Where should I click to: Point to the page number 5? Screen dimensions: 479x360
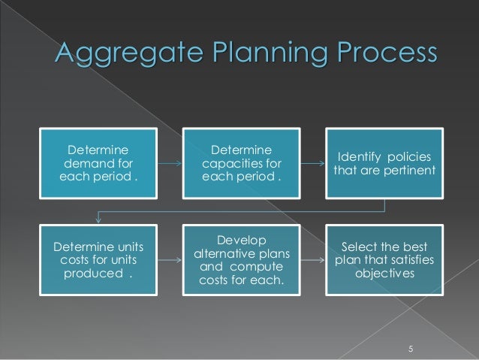pos(411,347)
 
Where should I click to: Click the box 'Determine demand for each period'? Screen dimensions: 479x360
pos(98,162)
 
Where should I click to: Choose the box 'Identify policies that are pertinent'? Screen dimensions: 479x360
pos(385,162)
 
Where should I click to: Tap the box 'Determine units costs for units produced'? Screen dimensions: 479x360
pos(98,259)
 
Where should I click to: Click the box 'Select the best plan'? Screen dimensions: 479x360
pos(385,259)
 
